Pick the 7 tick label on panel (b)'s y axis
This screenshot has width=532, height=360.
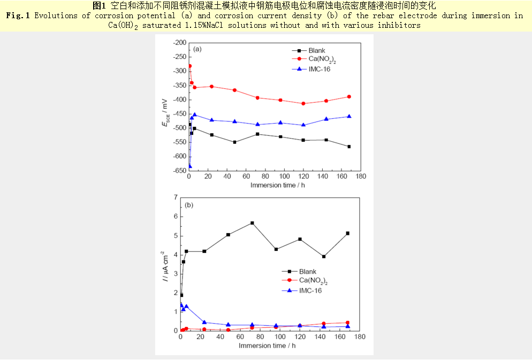175,198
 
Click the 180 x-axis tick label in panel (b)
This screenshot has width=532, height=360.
360,338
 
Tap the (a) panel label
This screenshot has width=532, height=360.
197,49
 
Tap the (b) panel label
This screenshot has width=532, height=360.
188,205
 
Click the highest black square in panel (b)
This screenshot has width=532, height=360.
252,223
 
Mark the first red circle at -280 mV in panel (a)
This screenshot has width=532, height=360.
189,66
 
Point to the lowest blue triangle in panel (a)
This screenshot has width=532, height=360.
189,166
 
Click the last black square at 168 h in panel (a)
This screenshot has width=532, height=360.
349,147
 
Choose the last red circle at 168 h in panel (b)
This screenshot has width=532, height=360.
347,323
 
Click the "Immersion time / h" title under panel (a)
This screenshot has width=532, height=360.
277,185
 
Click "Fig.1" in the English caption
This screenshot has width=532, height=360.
18,16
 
